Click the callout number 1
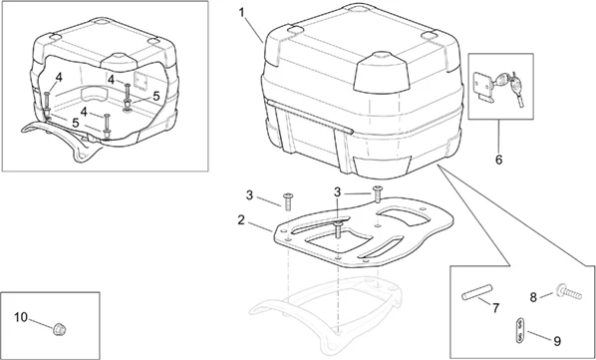click(242, 13)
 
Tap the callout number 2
click(241, 219)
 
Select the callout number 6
click(498, 160)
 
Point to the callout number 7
click(495, 308)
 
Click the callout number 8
click(533, 297)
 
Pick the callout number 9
click(557, 341)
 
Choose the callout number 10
click(21, 317)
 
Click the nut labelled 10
click(58, 328)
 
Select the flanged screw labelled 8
click(569, 292)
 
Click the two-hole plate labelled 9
click(520, 329)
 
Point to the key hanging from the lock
click(517, 89)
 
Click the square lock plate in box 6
click(482, 84)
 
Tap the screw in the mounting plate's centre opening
click(338, 230)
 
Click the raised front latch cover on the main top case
click(380, 74)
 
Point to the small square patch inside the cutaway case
click(142, 81)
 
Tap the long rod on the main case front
click(310, 117)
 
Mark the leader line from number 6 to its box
click(498, 136)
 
